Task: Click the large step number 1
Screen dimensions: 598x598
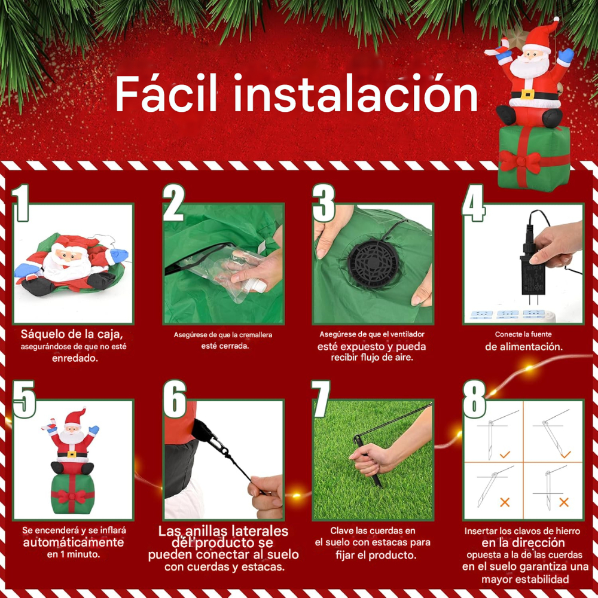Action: pyautogui.click(x=23, y=203)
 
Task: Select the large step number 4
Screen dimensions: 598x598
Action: pyautogui.click(x=473, y=203)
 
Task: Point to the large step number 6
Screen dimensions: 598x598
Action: pyautogui.click(x=175, y=399)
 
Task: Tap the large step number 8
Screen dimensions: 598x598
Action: pyautogui.click(x=474, y=399)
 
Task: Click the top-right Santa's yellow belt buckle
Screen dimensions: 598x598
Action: pyautogui.click(x=528, y=94)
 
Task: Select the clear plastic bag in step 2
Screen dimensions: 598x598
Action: pyautogui.click(x=239, y=269)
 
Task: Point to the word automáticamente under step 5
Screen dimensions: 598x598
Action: pyautogui.click(x=74, y=542)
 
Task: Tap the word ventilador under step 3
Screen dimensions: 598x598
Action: pyautogui.click(x=404, y=334)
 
